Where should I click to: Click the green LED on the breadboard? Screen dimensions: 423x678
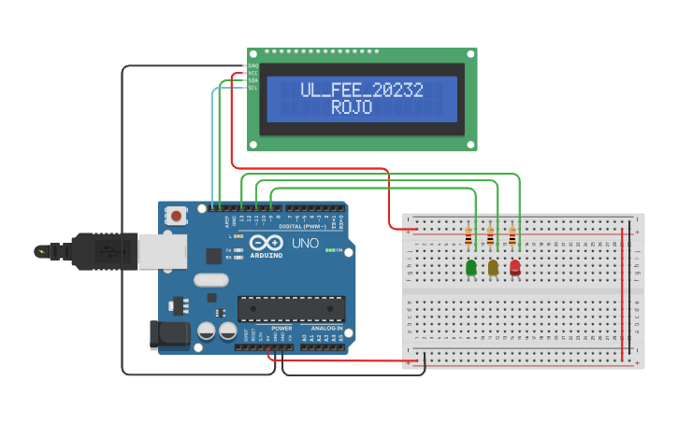pos(471,268)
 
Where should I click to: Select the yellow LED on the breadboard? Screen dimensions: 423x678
pos(493,268)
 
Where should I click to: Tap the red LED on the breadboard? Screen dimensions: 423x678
pos(515,268)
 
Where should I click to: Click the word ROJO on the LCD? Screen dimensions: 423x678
pos(352,108)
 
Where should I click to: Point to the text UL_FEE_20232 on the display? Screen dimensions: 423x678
pos(361,91)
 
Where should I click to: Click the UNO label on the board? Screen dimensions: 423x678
pos(306,243)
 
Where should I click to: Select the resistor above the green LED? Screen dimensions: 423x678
pos(469,237)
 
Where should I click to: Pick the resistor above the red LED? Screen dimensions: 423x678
pos(512,237)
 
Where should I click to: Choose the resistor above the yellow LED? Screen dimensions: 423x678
pos(490,237)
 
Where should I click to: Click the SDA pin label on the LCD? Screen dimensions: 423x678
pos(252,80)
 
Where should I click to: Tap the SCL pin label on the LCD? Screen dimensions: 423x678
pos(252,88)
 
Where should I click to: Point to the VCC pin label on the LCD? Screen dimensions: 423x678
pos(252,73)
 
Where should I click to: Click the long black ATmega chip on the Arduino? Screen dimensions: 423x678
pos(291,309)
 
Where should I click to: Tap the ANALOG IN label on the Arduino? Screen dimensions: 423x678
pos(326,329)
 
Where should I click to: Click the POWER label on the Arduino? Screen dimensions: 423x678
pos(281,329)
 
